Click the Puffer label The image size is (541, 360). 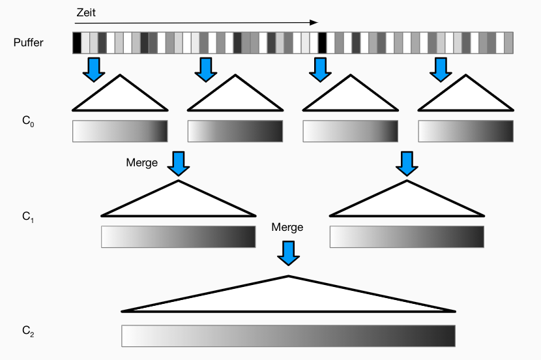28,43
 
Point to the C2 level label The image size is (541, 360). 27,333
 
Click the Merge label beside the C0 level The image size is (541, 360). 142,162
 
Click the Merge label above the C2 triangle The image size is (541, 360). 287,228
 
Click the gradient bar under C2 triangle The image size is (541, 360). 288,336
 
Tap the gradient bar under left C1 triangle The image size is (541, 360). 179,237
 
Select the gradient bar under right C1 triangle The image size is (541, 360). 407,237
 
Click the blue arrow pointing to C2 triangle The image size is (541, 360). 288,252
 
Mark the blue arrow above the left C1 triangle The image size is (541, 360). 179,163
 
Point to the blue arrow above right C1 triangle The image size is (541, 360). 407,163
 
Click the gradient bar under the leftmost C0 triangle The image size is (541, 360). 120,131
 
